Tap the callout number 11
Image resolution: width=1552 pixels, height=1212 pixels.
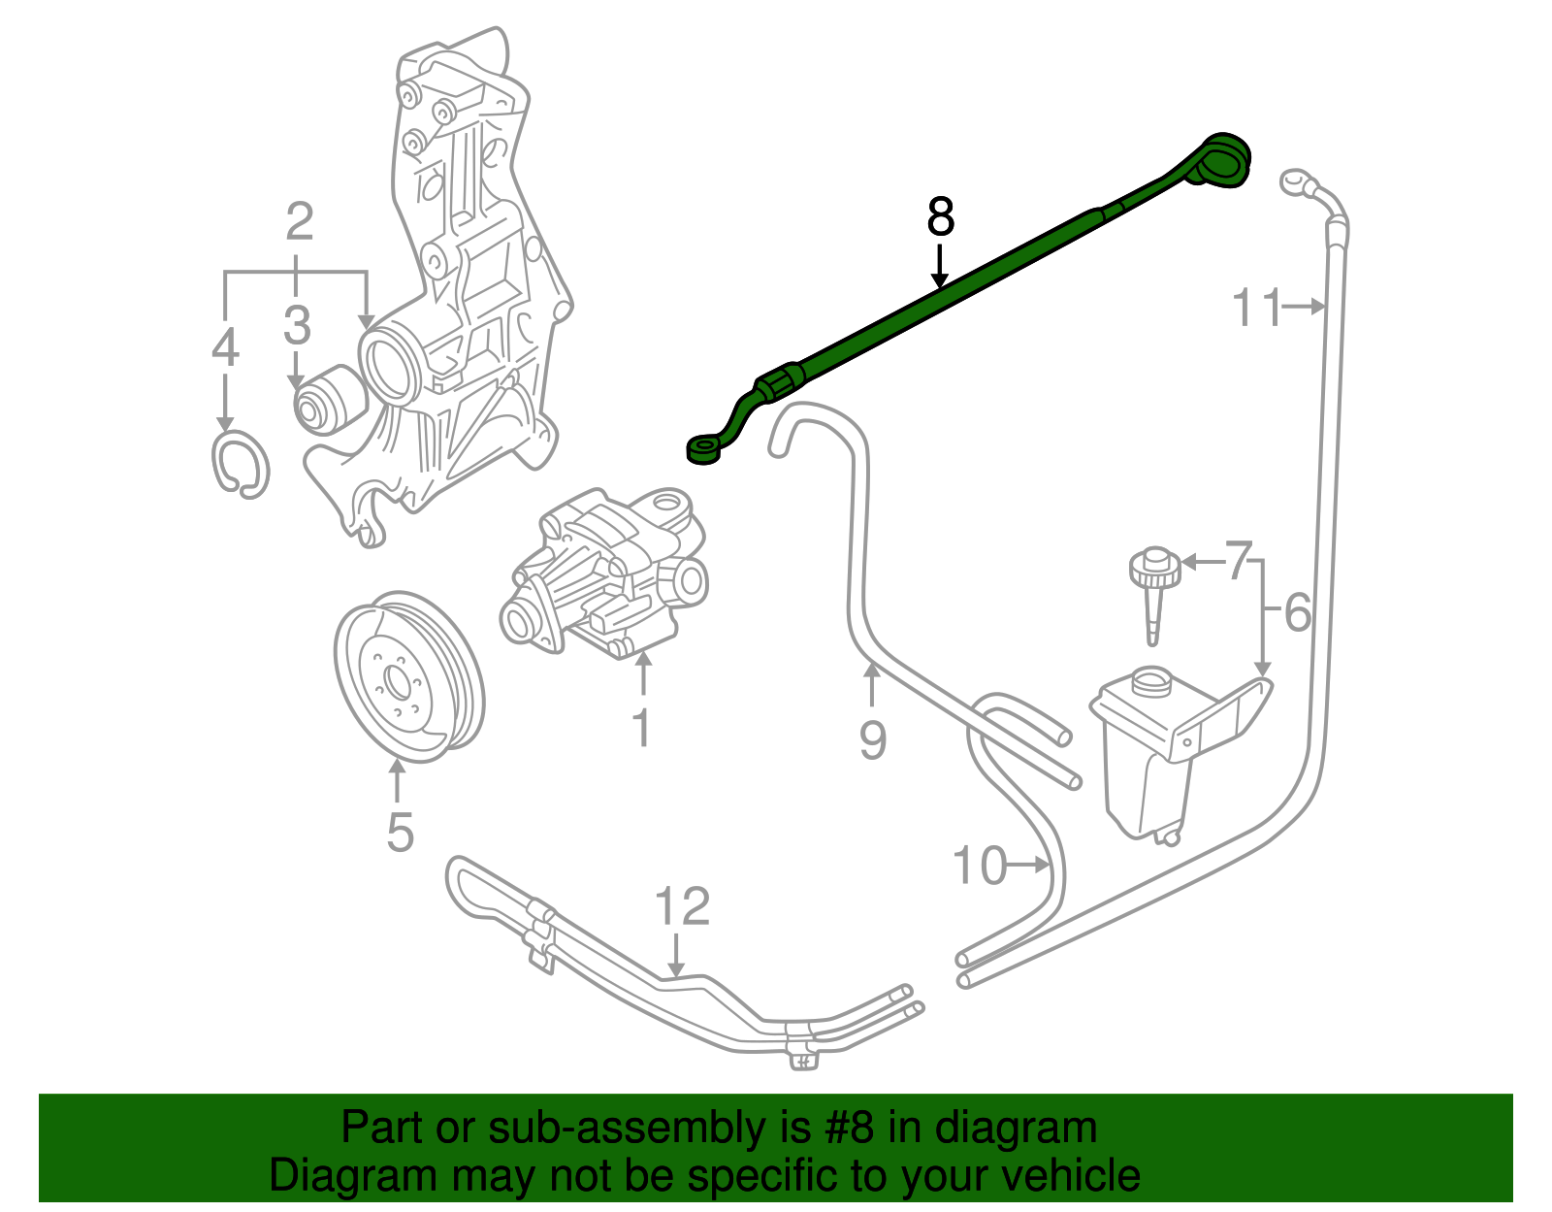point(1256,308)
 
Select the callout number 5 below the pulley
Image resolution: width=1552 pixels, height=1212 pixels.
point(400,832)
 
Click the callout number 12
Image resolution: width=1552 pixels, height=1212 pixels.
point(682,906)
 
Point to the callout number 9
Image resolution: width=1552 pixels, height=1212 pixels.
point(872,740)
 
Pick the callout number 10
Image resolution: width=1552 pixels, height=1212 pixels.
point(980,865)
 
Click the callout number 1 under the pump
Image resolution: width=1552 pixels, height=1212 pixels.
point(641,727)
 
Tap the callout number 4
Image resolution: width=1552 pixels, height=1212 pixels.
point(225,347)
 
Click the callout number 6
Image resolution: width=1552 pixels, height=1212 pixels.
point(1297,613)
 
